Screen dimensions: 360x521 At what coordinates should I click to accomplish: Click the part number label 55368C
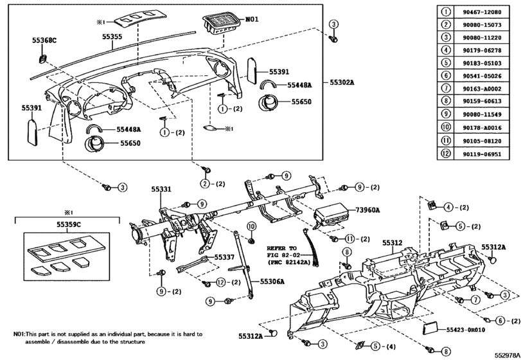pos(44,40)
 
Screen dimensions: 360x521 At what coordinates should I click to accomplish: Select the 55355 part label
pos(112,37)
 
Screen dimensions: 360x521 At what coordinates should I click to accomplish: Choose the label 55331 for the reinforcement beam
pos(161,189)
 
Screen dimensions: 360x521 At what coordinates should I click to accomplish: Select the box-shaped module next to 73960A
pos(328,215)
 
